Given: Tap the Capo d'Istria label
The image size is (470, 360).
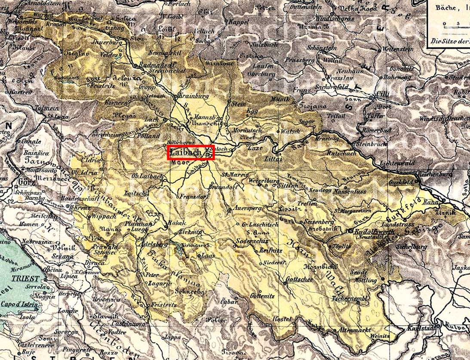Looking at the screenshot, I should pyautogui.click(x=21, y=305).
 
